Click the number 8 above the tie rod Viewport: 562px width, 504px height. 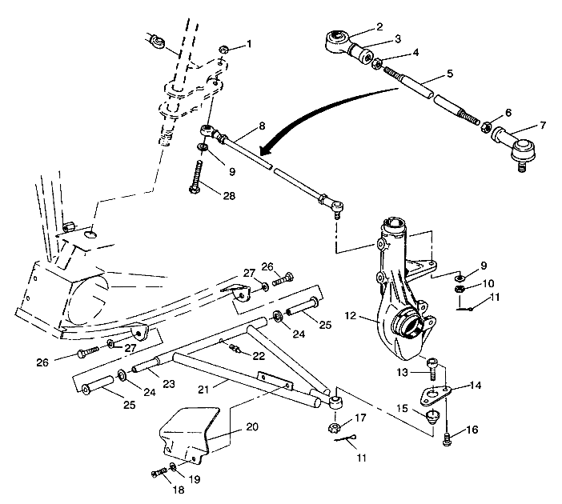pyautogui.click(x=262, y=126)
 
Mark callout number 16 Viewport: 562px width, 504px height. pyautogui.click(x=472, y=430)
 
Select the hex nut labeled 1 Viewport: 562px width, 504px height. pyautogui.click(x=225, y=50)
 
